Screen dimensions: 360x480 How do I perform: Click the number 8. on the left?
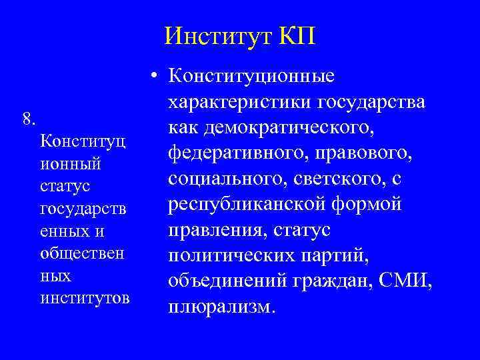29,119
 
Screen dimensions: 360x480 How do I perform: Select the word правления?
213,230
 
